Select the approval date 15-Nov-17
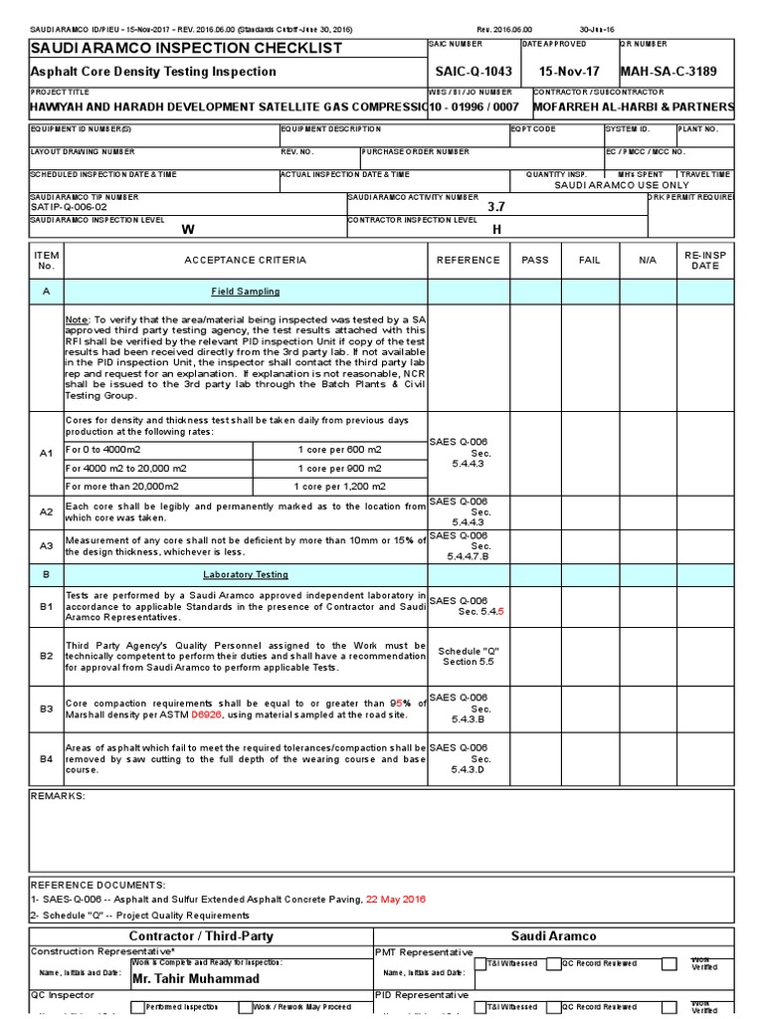point(571,72)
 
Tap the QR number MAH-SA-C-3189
point(668,72)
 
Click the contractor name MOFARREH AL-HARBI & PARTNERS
point(634,106)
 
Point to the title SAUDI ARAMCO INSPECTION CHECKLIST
point(186,48)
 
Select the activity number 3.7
point(496,207)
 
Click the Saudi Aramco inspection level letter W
point(186,229)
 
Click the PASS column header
point(535,260)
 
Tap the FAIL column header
point(590,260)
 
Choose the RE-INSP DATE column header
point(705,260)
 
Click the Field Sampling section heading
point(245,292)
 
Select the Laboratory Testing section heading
point(245,574)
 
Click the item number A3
point(46,545)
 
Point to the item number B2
point(46,656)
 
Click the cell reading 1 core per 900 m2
point(339,468)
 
